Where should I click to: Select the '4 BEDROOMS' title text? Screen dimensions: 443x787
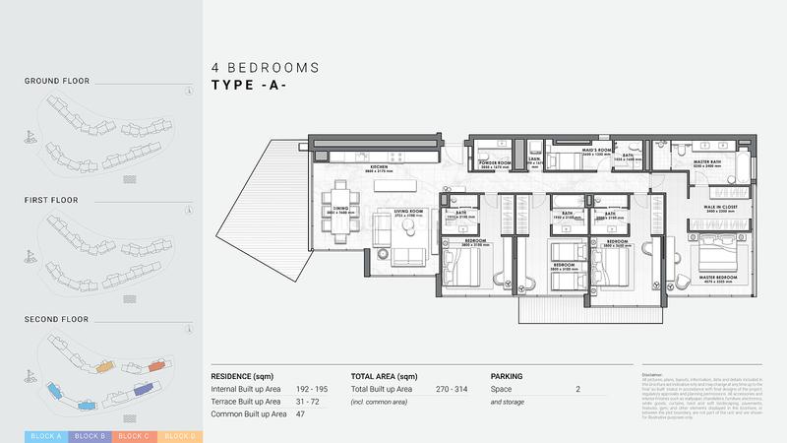(266, 68)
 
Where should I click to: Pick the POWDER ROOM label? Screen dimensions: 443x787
(496, 164)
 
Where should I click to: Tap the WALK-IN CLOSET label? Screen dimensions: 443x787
(722, 209)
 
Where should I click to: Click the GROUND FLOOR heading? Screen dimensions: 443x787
(57, 81)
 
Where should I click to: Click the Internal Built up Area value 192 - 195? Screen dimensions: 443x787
(312, 390)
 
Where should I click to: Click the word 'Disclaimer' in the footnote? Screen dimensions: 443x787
(653, 374)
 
